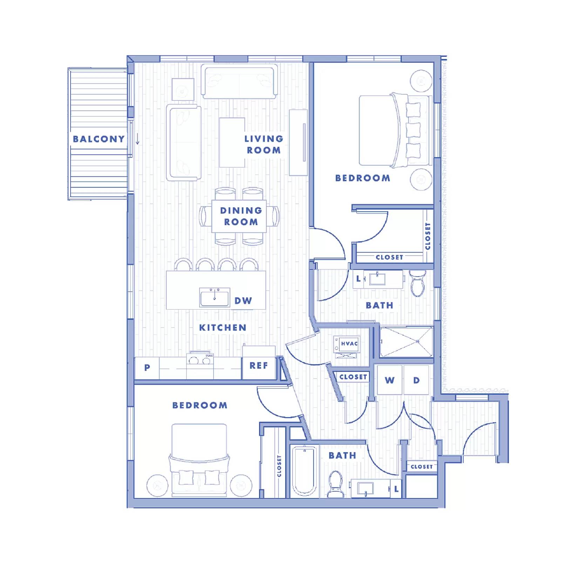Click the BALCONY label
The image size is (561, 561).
click(99, 139)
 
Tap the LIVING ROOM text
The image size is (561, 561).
click(264, 144)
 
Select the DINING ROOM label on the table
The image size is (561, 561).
click(241, 216)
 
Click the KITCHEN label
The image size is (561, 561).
click(223, 327)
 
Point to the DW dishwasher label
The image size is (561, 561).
click(243, 300)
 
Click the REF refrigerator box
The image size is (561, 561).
click(259, 366)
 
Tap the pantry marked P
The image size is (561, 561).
click(147, 367)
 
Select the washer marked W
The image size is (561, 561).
click(390, 380)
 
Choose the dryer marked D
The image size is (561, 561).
click(416, 380)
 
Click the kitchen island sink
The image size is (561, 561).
click(215, 297)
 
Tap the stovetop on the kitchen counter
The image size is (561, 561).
click(200, 358)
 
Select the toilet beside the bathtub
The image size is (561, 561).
click(335, 484)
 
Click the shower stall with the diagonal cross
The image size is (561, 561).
click(407, 342)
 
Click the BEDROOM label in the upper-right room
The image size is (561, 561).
click(363, 178)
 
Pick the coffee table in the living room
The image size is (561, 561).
click(232, 142)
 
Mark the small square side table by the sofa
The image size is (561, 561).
click(183, 89)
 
